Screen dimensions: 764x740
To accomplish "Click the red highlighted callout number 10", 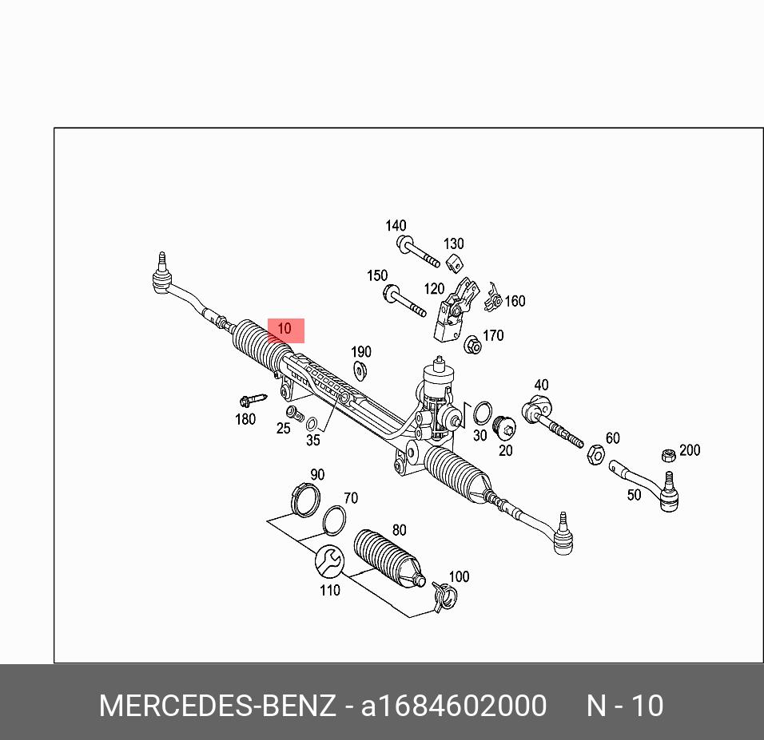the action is coord(285,330).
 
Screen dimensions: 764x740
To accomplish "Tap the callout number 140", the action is coord(396,227).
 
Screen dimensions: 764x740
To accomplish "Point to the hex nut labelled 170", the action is coord(472,345).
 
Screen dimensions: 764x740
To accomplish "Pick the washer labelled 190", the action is coord(360,370).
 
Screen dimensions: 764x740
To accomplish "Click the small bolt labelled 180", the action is coord(251,398).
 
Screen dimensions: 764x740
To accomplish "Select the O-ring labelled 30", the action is coord(482,413).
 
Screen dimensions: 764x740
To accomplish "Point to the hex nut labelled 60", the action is coord(595,455).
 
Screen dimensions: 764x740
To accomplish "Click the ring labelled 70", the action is coord(334,520).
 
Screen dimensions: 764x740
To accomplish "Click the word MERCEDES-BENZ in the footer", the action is coord(217,706).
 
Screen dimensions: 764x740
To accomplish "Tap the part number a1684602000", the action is coord(454,706).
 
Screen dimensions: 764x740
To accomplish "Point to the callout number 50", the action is coord(634,495).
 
